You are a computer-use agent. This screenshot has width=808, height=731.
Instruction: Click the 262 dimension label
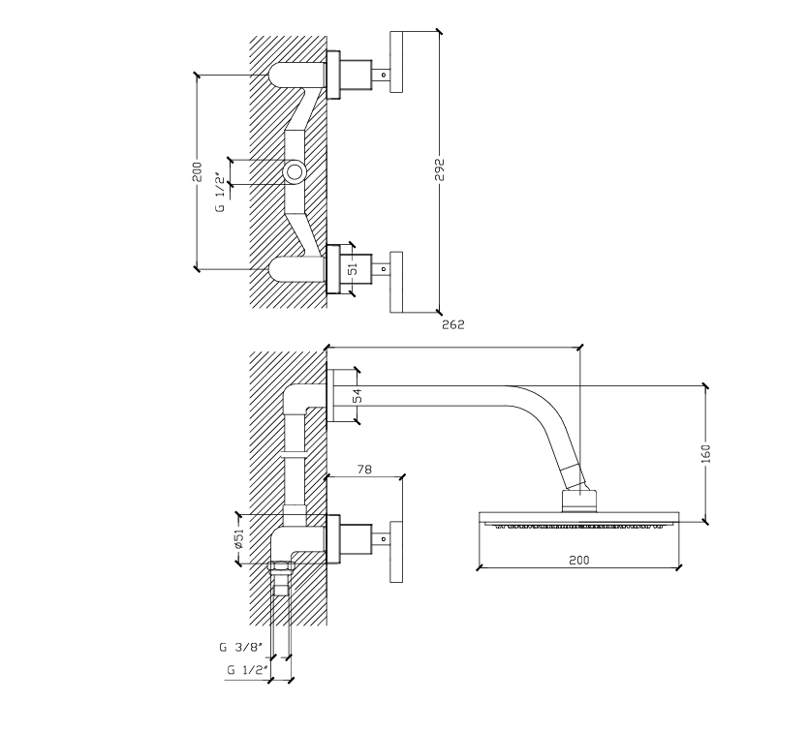(452, 325)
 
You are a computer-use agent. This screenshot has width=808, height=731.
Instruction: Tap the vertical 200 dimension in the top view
(197, 172)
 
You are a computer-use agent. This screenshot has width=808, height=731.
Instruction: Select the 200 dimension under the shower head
(579, 561)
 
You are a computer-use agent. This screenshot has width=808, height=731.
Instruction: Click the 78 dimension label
(365, 469)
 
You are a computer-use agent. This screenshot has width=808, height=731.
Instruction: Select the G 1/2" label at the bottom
(245, 669)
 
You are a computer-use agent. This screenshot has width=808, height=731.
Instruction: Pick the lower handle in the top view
(395, 282)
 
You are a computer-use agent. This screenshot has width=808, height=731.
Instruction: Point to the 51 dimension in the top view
(355, 270)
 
